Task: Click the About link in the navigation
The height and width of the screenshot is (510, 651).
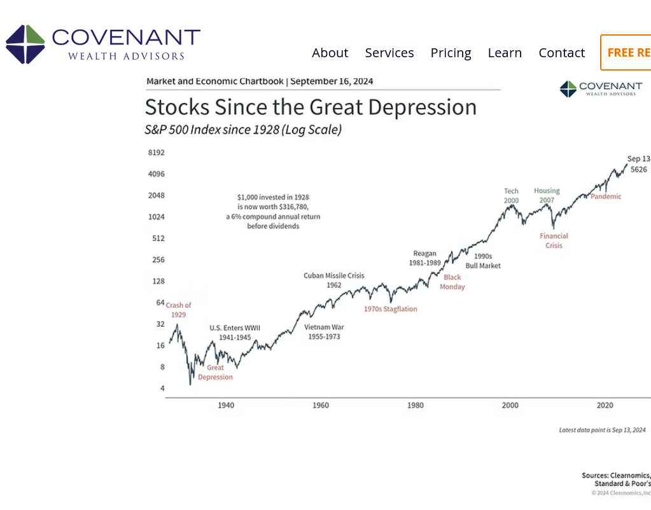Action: pos(330,53)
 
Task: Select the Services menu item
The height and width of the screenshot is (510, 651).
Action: pos(389,53)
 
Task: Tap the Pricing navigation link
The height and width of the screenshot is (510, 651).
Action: pos(451,53)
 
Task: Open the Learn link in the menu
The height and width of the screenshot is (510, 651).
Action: pos(505,53)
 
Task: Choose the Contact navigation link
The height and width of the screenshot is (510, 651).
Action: pos(561,53)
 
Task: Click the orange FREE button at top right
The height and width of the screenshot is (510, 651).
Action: pos(627,53)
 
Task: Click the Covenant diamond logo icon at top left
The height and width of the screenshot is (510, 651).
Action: pos(25,45)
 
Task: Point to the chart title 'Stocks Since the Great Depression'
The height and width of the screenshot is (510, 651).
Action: pos(311,107)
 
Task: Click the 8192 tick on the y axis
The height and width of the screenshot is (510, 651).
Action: pos(156,153)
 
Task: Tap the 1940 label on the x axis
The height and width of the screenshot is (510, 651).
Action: pos(226,405)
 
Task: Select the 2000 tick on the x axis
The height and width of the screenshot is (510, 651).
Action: pos(510,405)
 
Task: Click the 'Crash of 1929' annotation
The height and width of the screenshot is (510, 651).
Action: pos(178,310)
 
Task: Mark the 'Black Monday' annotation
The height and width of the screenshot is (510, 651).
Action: pos(452,282)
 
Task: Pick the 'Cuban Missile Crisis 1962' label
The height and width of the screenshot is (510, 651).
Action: pos(334,280)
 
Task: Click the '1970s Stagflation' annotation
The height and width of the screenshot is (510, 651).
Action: pos(390,309)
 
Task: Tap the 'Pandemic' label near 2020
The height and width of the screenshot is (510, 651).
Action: pos(606,196)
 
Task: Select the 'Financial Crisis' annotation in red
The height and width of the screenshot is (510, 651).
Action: pos(554,240)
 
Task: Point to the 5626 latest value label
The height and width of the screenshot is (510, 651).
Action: pos(639,169)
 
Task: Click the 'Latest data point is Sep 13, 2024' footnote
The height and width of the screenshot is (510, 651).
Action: pos(602,431)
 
